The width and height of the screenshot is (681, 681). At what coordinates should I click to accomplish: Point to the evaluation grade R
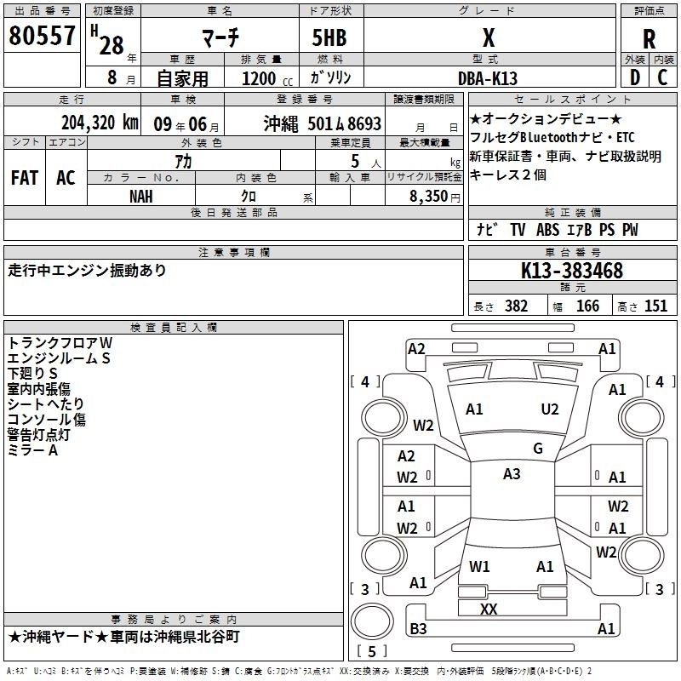650,38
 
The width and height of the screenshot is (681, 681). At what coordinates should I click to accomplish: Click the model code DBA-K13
498,77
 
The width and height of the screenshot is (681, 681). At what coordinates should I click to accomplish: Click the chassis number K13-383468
572,272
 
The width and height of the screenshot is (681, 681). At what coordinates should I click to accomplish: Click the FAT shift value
25,178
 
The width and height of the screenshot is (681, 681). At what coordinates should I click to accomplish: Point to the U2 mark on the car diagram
550,409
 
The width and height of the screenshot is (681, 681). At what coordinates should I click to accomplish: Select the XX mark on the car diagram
489,609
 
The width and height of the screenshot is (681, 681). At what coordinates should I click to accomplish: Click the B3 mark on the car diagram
418,629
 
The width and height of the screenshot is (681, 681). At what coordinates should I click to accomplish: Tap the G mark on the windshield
537,449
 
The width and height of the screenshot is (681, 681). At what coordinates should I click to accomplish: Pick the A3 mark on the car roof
512,474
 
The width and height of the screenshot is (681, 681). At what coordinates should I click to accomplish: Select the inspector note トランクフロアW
60,342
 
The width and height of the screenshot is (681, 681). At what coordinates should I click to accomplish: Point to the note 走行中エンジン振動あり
88,271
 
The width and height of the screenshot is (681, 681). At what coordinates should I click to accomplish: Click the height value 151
655,306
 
